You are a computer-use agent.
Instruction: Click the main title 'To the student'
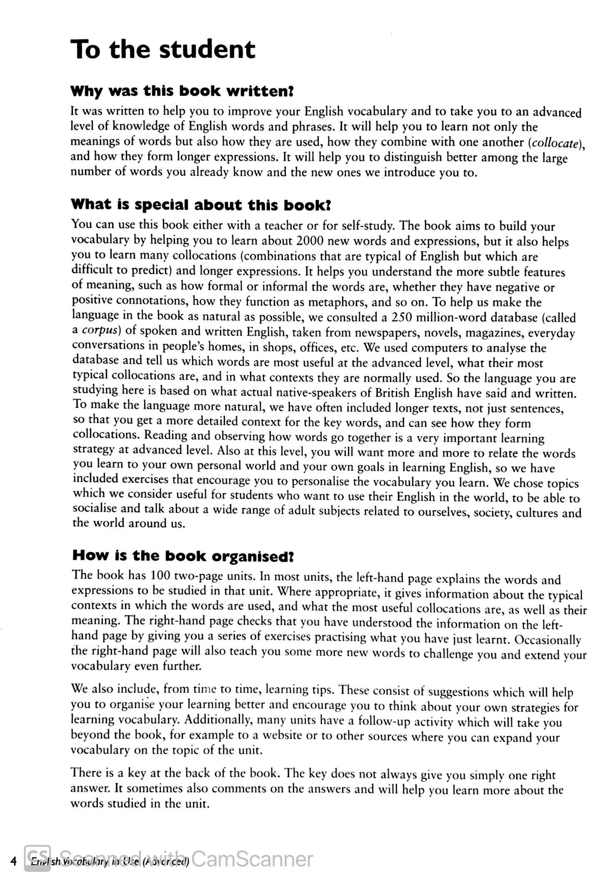[x=162, y=50]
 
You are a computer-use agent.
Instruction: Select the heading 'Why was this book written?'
[x=182, y=91]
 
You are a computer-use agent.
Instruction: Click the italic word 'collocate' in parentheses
[x=554, y=143]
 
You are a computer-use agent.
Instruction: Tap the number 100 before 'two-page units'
[x=155, y=576]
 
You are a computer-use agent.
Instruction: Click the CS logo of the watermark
[x=37, y=858]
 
